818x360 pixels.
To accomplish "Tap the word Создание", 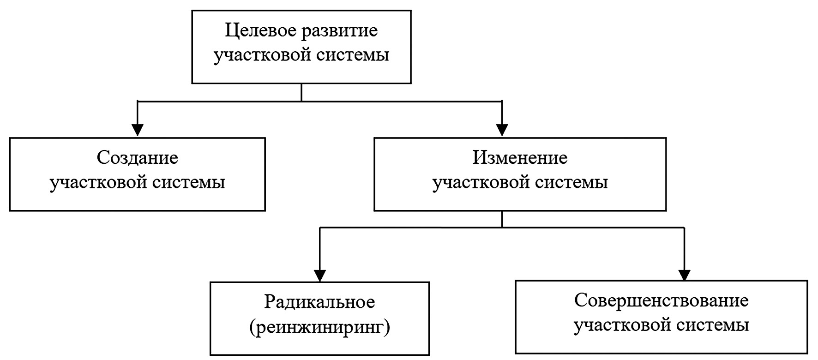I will point(138,158).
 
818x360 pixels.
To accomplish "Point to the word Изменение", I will point(520,158).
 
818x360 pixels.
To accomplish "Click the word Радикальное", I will point(319,302).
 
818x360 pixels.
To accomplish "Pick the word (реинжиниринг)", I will point(319,327).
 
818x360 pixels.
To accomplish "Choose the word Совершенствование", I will point(662,301).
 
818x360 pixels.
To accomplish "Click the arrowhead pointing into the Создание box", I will point(138,130).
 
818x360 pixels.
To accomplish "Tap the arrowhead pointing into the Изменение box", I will point(502,130).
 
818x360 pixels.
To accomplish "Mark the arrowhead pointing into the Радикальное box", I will point(319,275).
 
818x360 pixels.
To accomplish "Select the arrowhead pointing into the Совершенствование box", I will point(684,274).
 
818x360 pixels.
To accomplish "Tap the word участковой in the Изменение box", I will point(480,182).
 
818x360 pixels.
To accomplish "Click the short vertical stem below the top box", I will point(301,92).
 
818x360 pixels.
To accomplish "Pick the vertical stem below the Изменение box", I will point(502,219).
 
